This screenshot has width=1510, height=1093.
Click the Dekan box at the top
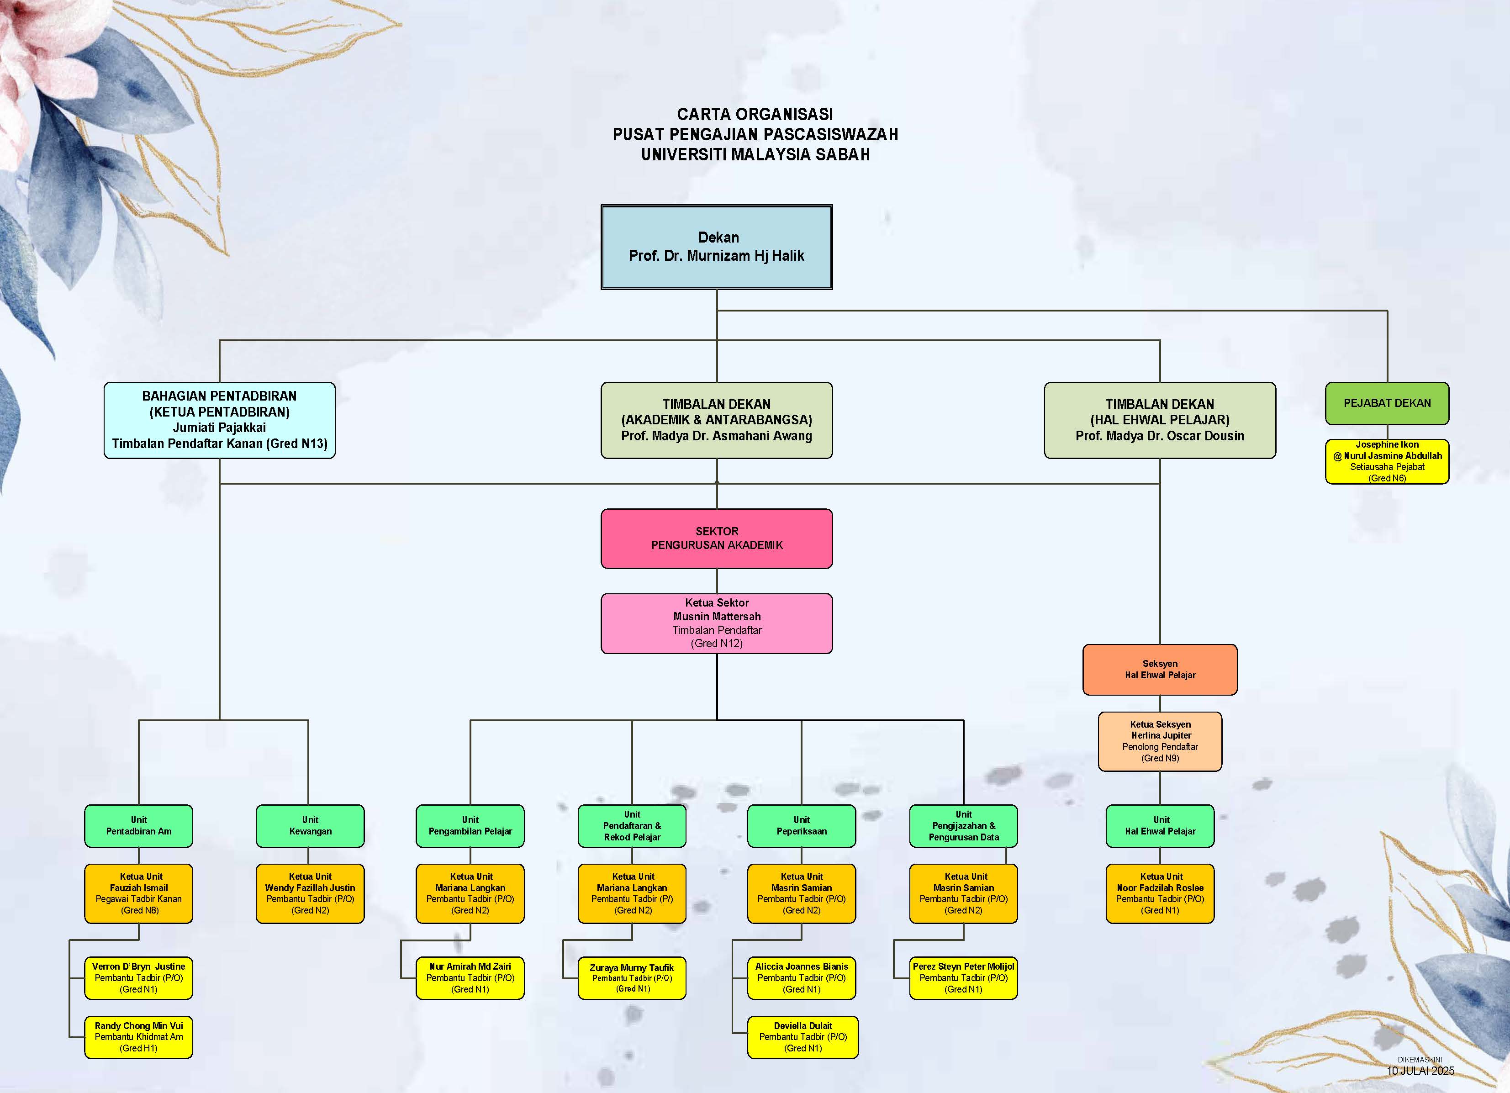(716, 247)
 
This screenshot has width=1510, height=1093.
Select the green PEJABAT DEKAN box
(1387, 403)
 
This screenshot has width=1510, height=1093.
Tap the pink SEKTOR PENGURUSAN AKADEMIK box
(716, 539)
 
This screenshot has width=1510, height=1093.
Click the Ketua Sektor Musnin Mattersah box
(716, 623)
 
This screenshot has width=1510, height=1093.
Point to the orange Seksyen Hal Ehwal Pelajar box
(1160, 670)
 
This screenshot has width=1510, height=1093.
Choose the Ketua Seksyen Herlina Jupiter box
(1160, 742)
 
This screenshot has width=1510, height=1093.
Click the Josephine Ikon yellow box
(1387, 461)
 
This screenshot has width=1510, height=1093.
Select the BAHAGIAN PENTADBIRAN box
(220, 420)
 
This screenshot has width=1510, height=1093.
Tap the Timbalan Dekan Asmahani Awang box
(716, 420)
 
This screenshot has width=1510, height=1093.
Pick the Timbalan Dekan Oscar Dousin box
(1160, 420)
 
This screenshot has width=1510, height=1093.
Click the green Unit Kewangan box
(310, 826)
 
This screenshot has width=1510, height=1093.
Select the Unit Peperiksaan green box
(802, 826)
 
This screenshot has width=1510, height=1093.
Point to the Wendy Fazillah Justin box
(310, 893)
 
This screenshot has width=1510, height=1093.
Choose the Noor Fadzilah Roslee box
(1160, 893)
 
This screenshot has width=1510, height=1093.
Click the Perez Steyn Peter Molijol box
(963, 978)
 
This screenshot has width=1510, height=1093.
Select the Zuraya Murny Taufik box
(632, 978)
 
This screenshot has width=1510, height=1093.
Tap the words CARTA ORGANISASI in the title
(755, 115)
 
